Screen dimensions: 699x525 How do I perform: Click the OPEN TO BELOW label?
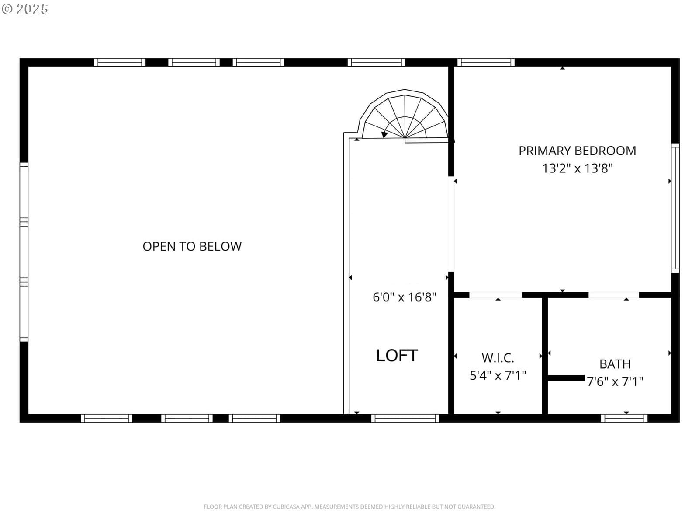point(192,246)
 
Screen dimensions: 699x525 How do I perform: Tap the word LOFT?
point(397,355)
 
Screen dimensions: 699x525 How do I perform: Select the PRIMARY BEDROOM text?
point(578,151)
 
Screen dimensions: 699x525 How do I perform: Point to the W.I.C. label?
point(498,358)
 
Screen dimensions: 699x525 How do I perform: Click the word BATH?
point(615,364)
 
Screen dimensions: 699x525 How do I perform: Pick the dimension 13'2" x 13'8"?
point(578,168)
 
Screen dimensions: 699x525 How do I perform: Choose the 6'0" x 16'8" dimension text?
point(405,297)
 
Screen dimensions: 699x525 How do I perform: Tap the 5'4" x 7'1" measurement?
point(498,375)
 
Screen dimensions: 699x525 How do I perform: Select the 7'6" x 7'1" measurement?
point(615,381)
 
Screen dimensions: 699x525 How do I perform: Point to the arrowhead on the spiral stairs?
point(384,134)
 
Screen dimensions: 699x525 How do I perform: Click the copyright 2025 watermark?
point(25,9)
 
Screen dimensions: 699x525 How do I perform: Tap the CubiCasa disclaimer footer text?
point(349,507)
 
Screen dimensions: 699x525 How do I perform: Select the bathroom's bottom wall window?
point(624,418)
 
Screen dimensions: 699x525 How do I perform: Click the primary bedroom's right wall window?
point(675,208)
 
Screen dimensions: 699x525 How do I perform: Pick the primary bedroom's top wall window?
point(486,63)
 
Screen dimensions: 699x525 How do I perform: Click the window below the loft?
point(405,418)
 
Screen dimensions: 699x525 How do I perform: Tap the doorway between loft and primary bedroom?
point(451,224)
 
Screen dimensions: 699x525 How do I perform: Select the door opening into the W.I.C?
point(495,295)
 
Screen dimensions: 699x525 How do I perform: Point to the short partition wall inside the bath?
point(566,378)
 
